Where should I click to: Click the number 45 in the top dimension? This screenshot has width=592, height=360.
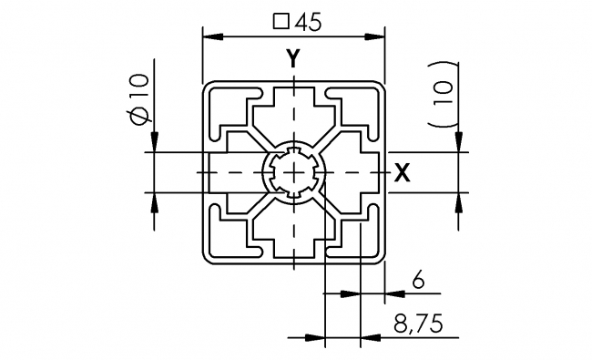pos(307,25)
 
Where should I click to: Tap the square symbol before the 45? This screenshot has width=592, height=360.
pos(281,25)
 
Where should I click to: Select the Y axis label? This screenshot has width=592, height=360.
pos(291,59)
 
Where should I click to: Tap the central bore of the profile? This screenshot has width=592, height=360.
pos(291,173)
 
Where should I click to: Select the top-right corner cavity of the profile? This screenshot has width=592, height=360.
pos(357,108)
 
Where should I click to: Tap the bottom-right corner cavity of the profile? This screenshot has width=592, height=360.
pos(357,239)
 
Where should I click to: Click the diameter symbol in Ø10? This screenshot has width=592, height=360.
pos(138,115)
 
